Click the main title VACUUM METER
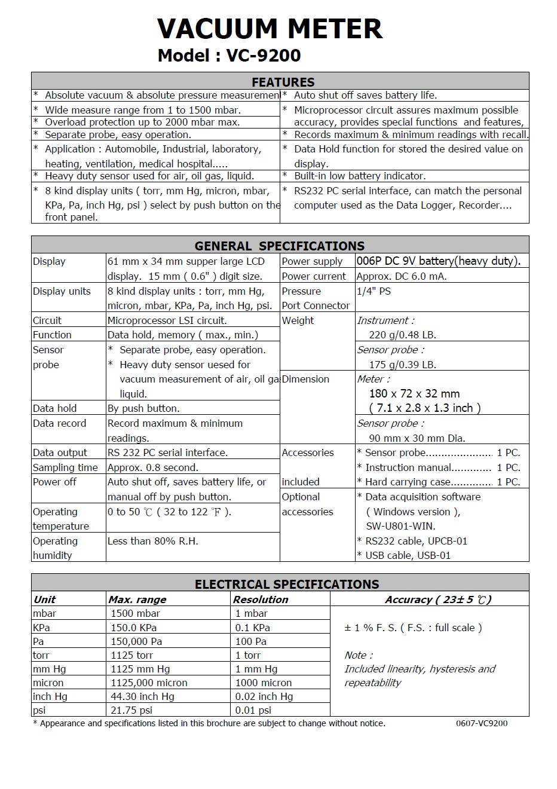click(x=270, y=29)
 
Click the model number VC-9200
click(x=263, y=56)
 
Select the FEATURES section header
click(x=283, y=82)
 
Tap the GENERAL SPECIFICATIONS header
click(x=280, y=246)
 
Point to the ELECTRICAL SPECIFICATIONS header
click(x=287, y=584)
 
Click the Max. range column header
click(x=137, y=600)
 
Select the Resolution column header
click(x=261, y=600)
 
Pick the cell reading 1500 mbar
click(x=135, y=613)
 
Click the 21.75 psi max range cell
click(x=131, y=710)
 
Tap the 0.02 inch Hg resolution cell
click(x=264, y=696)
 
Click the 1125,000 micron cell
click(x=149, y=683)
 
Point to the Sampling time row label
click(x=65, y=467)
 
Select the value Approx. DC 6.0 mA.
click(x=401, y=276)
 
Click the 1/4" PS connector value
click(x=374, y=291)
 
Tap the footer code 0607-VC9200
click(x=482, y=723)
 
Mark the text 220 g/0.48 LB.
click(x=402, y=335)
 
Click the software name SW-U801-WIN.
click(x=400, y=526)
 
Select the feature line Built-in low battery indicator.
click(x=360, y=176)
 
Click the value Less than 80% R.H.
click(x=152, y=541)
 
